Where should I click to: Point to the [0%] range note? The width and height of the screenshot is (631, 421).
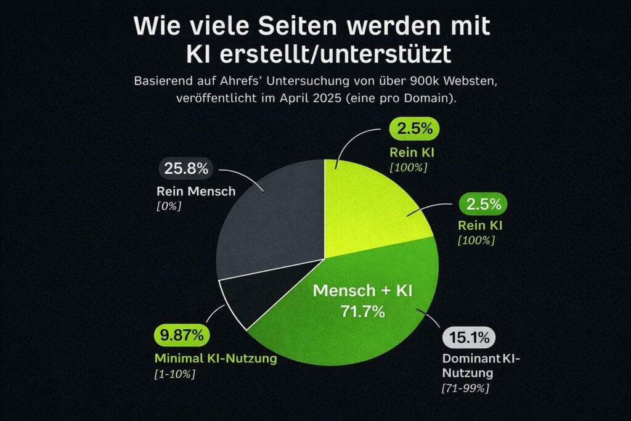click(169, 206)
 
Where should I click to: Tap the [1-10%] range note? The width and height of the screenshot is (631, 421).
click(174, 374)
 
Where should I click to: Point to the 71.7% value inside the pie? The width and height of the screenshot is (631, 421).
click(362, 311)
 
